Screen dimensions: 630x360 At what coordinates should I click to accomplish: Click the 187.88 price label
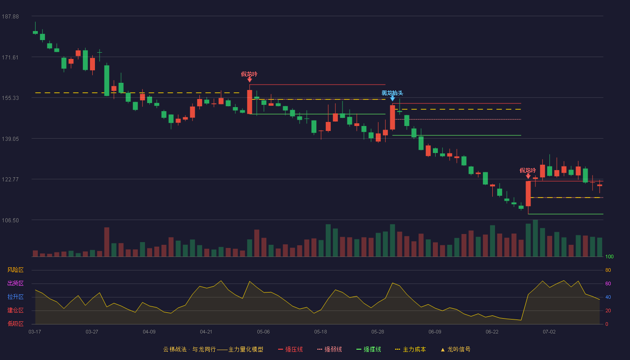(x=10, y=17)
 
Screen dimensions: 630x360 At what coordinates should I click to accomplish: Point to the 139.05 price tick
(x=10, y=139)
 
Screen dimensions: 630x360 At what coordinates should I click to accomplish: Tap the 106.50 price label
(x=10, y=220)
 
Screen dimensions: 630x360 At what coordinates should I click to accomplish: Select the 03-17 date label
(x=35, y=332)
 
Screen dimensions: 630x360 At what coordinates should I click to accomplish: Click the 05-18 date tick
(x=320, y=332)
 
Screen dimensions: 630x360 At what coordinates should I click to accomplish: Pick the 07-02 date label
(x=549, y=332)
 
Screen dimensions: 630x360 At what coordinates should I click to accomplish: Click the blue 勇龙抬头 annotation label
(x=392, y=93)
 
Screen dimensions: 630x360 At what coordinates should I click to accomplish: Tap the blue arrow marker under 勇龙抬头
(x=392, y=99)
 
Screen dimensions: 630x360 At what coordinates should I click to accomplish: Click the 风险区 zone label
(x=15, y=270)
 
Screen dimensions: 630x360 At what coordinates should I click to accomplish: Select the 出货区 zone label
(x=15, y=283)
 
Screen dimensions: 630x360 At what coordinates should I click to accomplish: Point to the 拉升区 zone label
(x=15, y=297)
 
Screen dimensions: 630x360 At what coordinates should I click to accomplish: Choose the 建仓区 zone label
(x=15, y=310)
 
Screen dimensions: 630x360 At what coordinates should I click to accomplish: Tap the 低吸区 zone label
(x=15, y=324)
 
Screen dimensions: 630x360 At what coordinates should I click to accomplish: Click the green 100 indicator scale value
(x=609, y=256)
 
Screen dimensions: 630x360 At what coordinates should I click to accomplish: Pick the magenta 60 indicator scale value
(x=608, y=283)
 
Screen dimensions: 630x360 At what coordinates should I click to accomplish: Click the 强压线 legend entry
(x=291, y=349)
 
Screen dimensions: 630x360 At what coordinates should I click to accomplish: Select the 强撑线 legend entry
(x=369, y=349)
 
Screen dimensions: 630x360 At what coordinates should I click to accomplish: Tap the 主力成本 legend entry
(x=410, y=349)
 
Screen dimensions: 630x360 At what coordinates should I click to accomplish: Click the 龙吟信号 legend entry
(x=455, y=349)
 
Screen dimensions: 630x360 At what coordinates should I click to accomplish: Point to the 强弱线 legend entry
(x=329, y=349)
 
